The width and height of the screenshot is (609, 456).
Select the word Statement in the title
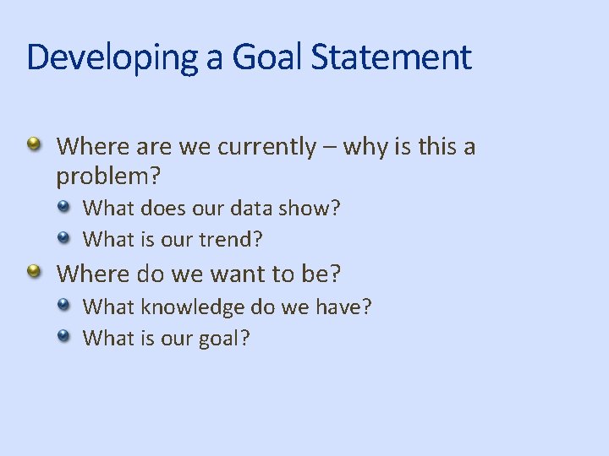click(392, 57)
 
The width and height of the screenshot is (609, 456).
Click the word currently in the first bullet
click(266, 147)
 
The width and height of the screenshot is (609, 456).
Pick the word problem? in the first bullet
click(108, 177)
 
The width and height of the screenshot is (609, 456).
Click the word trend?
click(231, 239)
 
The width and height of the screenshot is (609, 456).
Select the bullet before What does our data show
click(65, 205)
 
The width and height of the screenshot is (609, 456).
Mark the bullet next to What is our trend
click(65, 236)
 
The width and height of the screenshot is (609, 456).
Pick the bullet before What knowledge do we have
click(65, 304)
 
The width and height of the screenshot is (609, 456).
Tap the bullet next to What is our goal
click(65, 335)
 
